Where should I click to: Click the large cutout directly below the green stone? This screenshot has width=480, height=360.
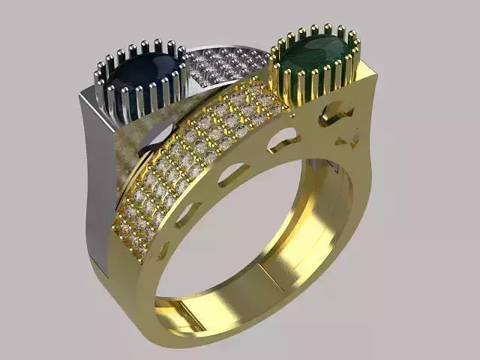coord(335,112)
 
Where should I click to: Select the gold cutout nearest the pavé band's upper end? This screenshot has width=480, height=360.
coord(283,140)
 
